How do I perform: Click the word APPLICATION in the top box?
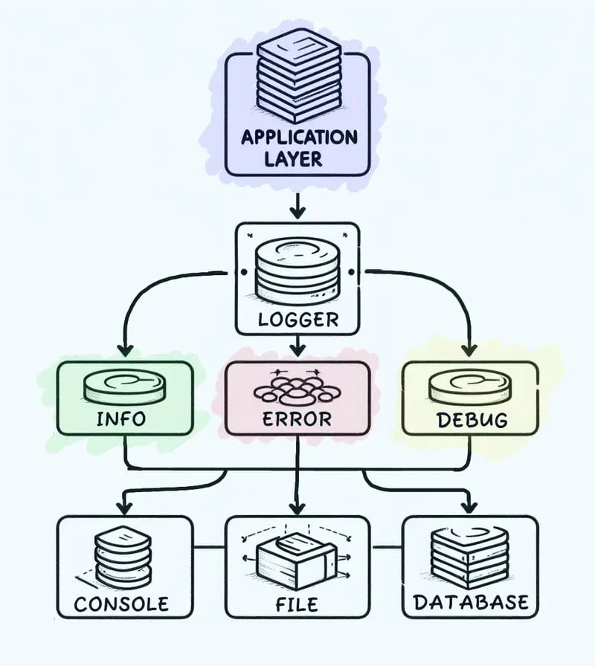pyautogui.click(x=297, y=138)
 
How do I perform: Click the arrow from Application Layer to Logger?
pyautogui.click(x=297, y=205)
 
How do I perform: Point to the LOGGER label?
pyautogui.click(x=297, y=320)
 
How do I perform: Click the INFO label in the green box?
pyautogui.click(x=122, y=418)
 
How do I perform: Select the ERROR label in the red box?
pyautogui.click(x=297, y=418)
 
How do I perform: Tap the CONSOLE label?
pyautogui.click(x=122, y=603)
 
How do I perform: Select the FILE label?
pyautogui.click(x=297, y=603)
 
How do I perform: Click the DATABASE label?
pyautogui.click(x=471, y=601)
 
